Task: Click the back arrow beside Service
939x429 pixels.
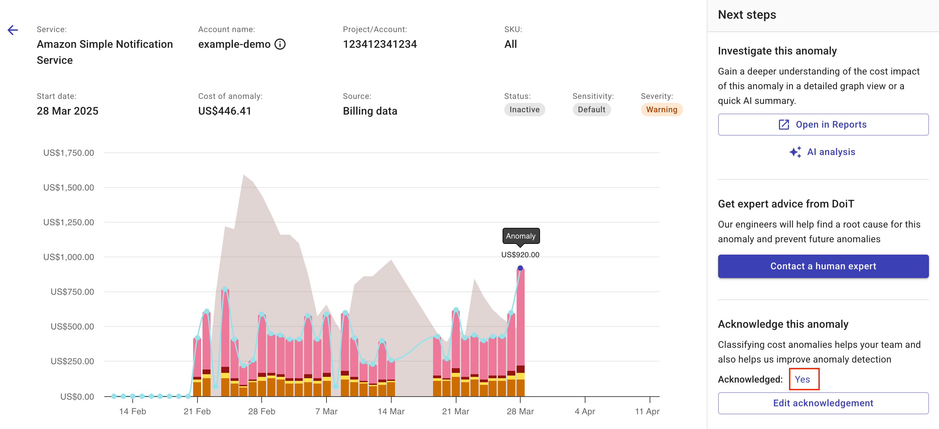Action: point(13,30)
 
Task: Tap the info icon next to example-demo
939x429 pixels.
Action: point(280,44)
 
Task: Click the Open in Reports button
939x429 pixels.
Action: point(823,125)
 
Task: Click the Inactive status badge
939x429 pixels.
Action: point(524,110)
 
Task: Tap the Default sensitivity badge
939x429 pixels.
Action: point(591,110)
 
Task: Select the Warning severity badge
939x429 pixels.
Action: point(661,110)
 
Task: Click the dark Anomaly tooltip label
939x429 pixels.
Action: point(521,236)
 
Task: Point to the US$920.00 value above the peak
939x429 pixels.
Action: point(520,255)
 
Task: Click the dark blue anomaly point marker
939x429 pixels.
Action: point(520,268)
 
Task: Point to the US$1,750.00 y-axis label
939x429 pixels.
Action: point(69,153)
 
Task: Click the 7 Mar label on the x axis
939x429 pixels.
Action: point(326,411)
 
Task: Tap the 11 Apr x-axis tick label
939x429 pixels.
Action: point(647,411)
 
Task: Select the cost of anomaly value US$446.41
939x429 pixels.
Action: point(225,111)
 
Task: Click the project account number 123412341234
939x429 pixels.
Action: point(380,44)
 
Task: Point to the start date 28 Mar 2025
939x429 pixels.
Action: point(68,111)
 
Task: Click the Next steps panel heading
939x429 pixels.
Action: point(747,15)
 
